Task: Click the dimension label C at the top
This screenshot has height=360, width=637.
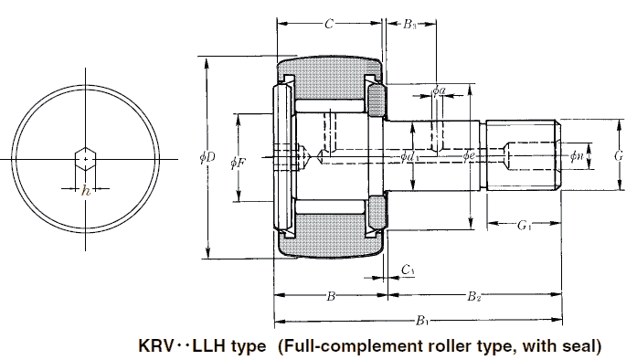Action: pos(329,24)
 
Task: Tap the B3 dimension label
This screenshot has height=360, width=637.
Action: pos(409,25)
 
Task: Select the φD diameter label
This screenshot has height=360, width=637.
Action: pos(207,158)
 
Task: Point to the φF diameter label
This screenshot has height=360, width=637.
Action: pos(238,164)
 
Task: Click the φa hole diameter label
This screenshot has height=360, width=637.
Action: pos(439,90)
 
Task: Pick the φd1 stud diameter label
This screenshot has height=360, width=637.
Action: pos(410,157)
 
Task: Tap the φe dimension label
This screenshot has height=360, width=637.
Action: pos(469,155)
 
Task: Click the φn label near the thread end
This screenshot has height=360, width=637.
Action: pos(576,155)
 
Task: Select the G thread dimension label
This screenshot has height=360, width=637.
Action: pos(619,156)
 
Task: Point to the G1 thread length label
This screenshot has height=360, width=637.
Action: pos(524,225)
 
